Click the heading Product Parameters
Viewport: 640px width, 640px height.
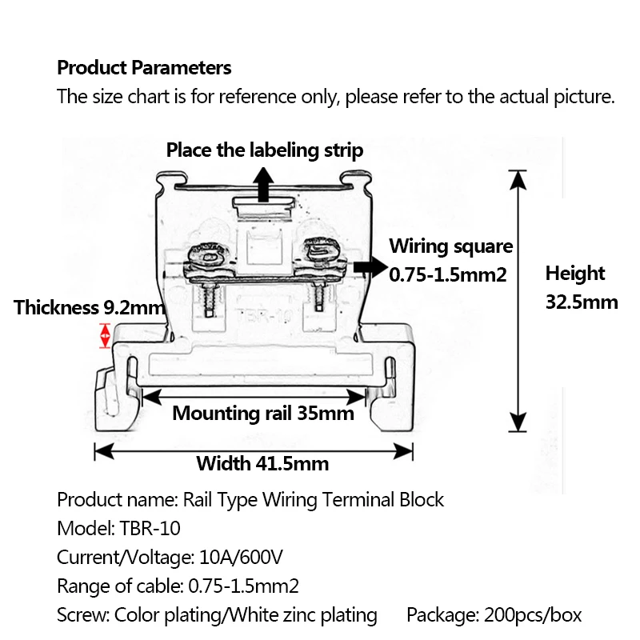[x=144, y=68]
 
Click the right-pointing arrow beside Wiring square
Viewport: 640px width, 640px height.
[x=369, y=267]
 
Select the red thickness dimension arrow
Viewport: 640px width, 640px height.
[x=104, y=335]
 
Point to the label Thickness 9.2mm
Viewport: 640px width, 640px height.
[x=89, y=307]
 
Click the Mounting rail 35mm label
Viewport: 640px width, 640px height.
[x=263, y=414]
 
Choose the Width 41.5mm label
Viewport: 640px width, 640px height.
[x=262, y=463]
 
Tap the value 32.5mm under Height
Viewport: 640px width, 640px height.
[x=582, y=302]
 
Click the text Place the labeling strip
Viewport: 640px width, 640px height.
[x=265, y=150]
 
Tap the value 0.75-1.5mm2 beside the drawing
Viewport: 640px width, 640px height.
[x=448, y=274]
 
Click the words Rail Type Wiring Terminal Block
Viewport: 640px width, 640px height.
[x=314, y=500]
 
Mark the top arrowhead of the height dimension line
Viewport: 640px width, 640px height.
[x=519, y=178]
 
